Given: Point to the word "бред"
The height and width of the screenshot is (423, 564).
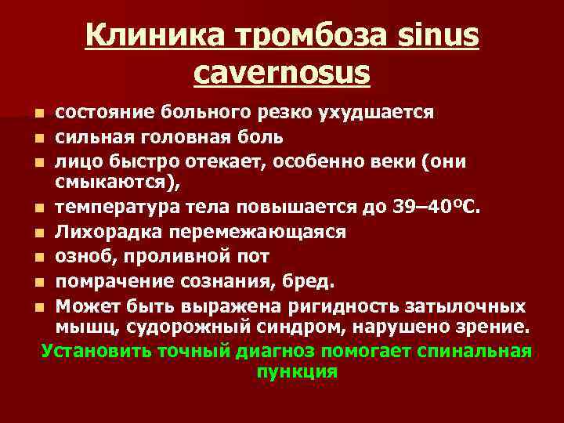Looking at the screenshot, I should click(x=316, y=280).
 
